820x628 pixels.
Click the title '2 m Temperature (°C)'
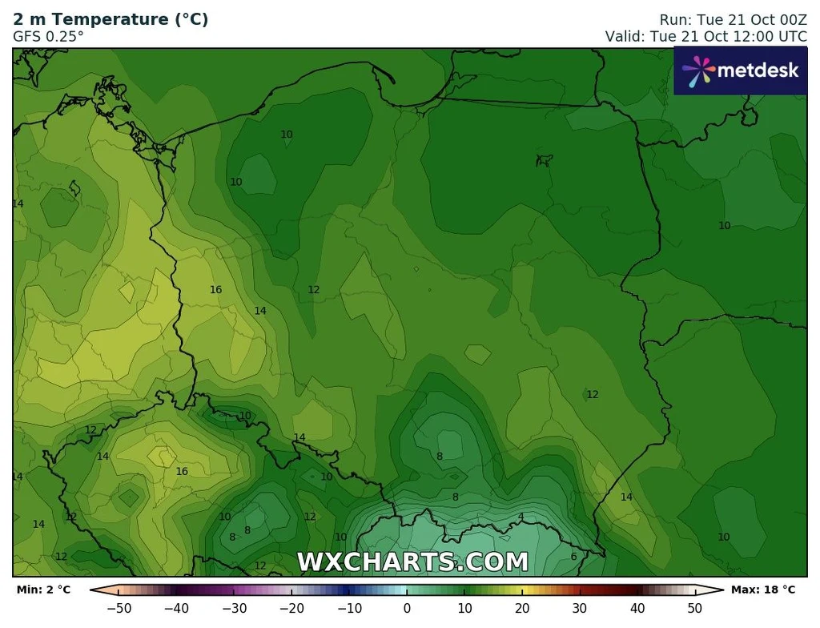[111, 20]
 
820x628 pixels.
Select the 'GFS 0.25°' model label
[48, 37]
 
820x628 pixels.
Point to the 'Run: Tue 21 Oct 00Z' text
[733, 20]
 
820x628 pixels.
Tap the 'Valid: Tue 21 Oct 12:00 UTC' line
[705, 37]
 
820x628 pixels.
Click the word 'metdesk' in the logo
[758, 70]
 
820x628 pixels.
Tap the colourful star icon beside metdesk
[697, 70]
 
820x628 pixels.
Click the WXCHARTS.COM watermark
[412, 562]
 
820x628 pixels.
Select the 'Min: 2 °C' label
[44, 590]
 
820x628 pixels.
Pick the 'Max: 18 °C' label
[763, 590]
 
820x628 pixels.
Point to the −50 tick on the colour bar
[119, 608]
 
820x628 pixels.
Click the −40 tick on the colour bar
[176, 608]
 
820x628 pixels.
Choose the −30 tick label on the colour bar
[234, 608]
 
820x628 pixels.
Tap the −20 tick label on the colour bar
[291, 608]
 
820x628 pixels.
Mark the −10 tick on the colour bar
[349, 608]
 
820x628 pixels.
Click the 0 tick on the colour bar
[407, 608]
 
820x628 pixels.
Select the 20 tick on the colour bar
[522, 608]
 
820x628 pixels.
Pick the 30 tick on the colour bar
[580, 608]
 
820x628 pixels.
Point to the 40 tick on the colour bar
[637, 608]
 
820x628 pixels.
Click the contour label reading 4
[521, 517]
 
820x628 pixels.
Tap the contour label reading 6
[573, 557]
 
